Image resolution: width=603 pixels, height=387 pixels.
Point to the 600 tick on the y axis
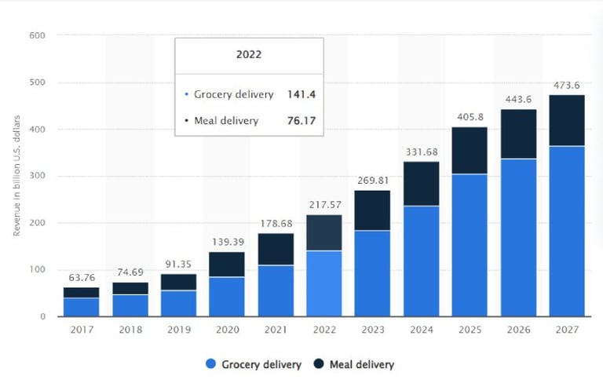point(37,35)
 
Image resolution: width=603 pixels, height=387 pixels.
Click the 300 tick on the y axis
point(37,176)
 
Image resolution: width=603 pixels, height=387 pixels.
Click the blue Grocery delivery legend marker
point(210,364)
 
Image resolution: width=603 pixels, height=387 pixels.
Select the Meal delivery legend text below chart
point(362,364)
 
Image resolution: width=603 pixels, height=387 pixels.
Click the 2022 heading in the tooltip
point(249,56)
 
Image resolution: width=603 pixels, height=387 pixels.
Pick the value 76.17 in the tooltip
point(296,121)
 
